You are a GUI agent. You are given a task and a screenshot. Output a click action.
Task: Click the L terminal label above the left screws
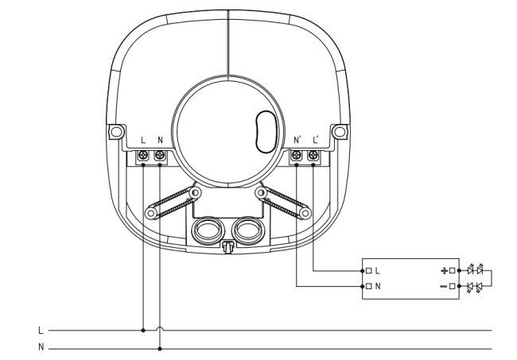tap(143, 140)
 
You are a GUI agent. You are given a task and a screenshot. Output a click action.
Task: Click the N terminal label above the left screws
tap(160, 140)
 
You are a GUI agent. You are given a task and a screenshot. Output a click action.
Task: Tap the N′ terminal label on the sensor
tap(297, 140)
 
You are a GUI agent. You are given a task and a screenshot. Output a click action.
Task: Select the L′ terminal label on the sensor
tap(316, 140)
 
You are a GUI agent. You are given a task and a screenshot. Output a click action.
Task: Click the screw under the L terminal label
tap(143, 154)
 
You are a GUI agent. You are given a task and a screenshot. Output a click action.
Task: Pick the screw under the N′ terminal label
tap(297, 154)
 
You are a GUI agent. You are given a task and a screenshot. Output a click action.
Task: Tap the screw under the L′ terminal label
tap(313, 154)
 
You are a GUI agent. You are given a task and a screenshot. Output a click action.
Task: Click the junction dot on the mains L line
tap(143, 330)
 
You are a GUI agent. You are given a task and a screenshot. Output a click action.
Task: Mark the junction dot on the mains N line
tap(160, 348)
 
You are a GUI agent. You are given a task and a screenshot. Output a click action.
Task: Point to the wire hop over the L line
tap(160, 327)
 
